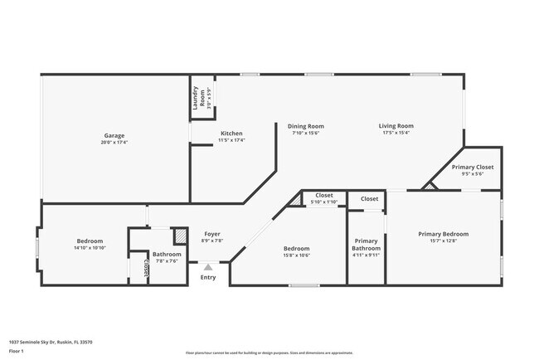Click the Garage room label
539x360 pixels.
pyautogui.click(x=114, y=135)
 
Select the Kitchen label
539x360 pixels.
pyautogui.click(x=231, y=134)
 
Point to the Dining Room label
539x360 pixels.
pyautogui.click(x=305, y=126)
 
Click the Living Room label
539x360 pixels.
pyautogui.click(x=396, y=126)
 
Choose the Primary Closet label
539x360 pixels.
pyautogui.click(x=472, y=167)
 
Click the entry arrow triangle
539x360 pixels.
pyautogui.click(x=207, y=267)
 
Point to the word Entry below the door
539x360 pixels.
pyautogui.click(x=207, y=277)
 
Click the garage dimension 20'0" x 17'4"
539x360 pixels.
pyautogui.click(x=114, y=142)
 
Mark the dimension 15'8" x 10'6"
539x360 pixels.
pyautogui.click(x=296, y=255)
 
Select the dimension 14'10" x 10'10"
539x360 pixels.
pyautogui.click(x=90, y=248)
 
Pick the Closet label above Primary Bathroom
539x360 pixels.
pyautogui.click(x=369, y=199)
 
